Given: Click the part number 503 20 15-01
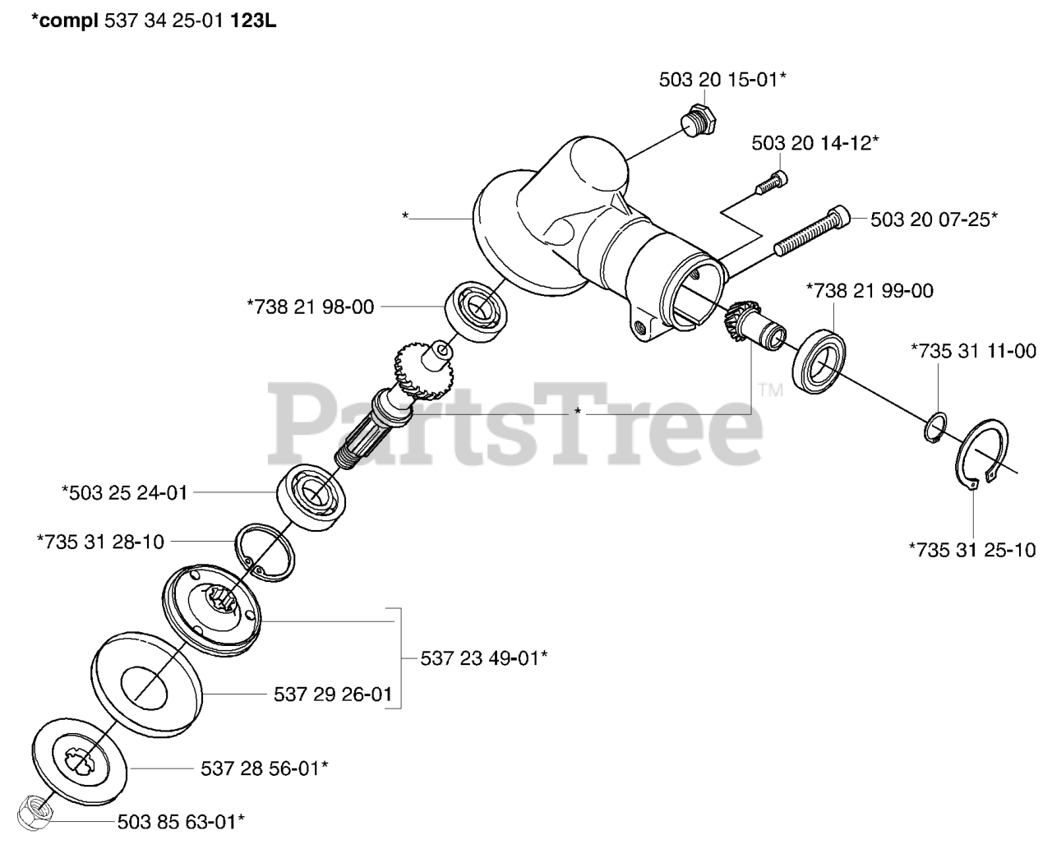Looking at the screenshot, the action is pos(722,80).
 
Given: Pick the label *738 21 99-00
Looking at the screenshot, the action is pos(870,290).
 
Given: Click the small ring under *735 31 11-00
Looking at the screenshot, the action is pos(934,428).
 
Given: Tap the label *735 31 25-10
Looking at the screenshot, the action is pos(972,550).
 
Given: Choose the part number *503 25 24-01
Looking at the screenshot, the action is pos(125,493).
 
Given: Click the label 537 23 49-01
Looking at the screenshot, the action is pos(484,658).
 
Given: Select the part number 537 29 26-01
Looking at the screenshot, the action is pos(332,695).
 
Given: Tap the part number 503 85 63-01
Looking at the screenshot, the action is pos(181,820).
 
